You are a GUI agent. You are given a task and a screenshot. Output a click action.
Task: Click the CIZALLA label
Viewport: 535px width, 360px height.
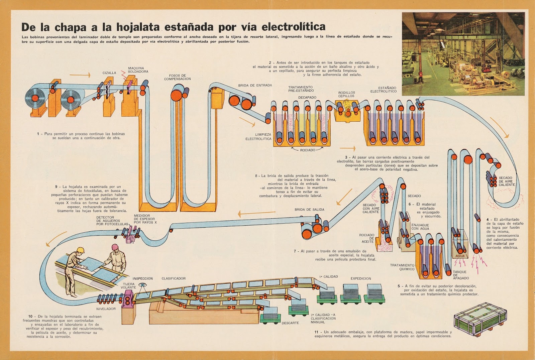(109, 73)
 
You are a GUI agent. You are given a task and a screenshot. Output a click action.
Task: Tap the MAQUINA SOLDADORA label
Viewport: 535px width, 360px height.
(138, 70)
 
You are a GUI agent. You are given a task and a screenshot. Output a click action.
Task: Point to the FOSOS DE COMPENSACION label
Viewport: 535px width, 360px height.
(177, 77)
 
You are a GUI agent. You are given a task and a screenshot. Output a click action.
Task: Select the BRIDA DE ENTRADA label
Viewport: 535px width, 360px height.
(255, 85)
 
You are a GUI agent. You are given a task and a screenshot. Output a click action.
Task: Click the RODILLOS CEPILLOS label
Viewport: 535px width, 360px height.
(346, 94)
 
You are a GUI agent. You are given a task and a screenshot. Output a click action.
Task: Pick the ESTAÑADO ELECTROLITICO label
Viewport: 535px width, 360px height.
(383, 90)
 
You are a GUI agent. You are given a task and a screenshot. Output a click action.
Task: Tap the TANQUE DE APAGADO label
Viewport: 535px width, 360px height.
(460, 275)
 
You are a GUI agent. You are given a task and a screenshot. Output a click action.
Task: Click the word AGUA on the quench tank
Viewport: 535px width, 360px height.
(460, 256)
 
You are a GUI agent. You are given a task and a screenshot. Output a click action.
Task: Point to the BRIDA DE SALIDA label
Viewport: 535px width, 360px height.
(309, 210)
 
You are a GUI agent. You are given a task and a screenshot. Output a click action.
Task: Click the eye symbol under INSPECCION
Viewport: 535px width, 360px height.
(143, 285)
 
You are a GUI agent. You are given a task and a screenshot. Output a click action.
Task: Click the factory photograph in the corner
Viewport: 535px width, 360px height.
(463, 54)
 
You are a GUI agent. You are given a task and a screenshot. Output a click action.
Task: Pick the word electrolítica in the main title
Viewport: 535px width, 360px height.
(293, 26)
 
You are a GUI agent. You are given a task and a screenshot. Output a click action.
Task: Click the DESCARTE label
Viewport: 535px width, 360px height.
(290, 323)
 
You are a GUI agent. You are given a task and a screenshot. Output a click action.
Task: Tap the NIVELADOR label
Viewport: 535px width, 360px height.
(106, 309)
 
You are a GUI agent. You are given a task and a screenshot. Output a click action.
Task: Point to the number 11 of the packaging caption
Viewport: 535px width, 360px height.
(316, 332)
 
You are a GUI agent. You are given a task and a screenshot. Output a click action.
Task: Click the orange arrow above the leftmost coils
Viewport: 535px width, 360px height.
(80, 75)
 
